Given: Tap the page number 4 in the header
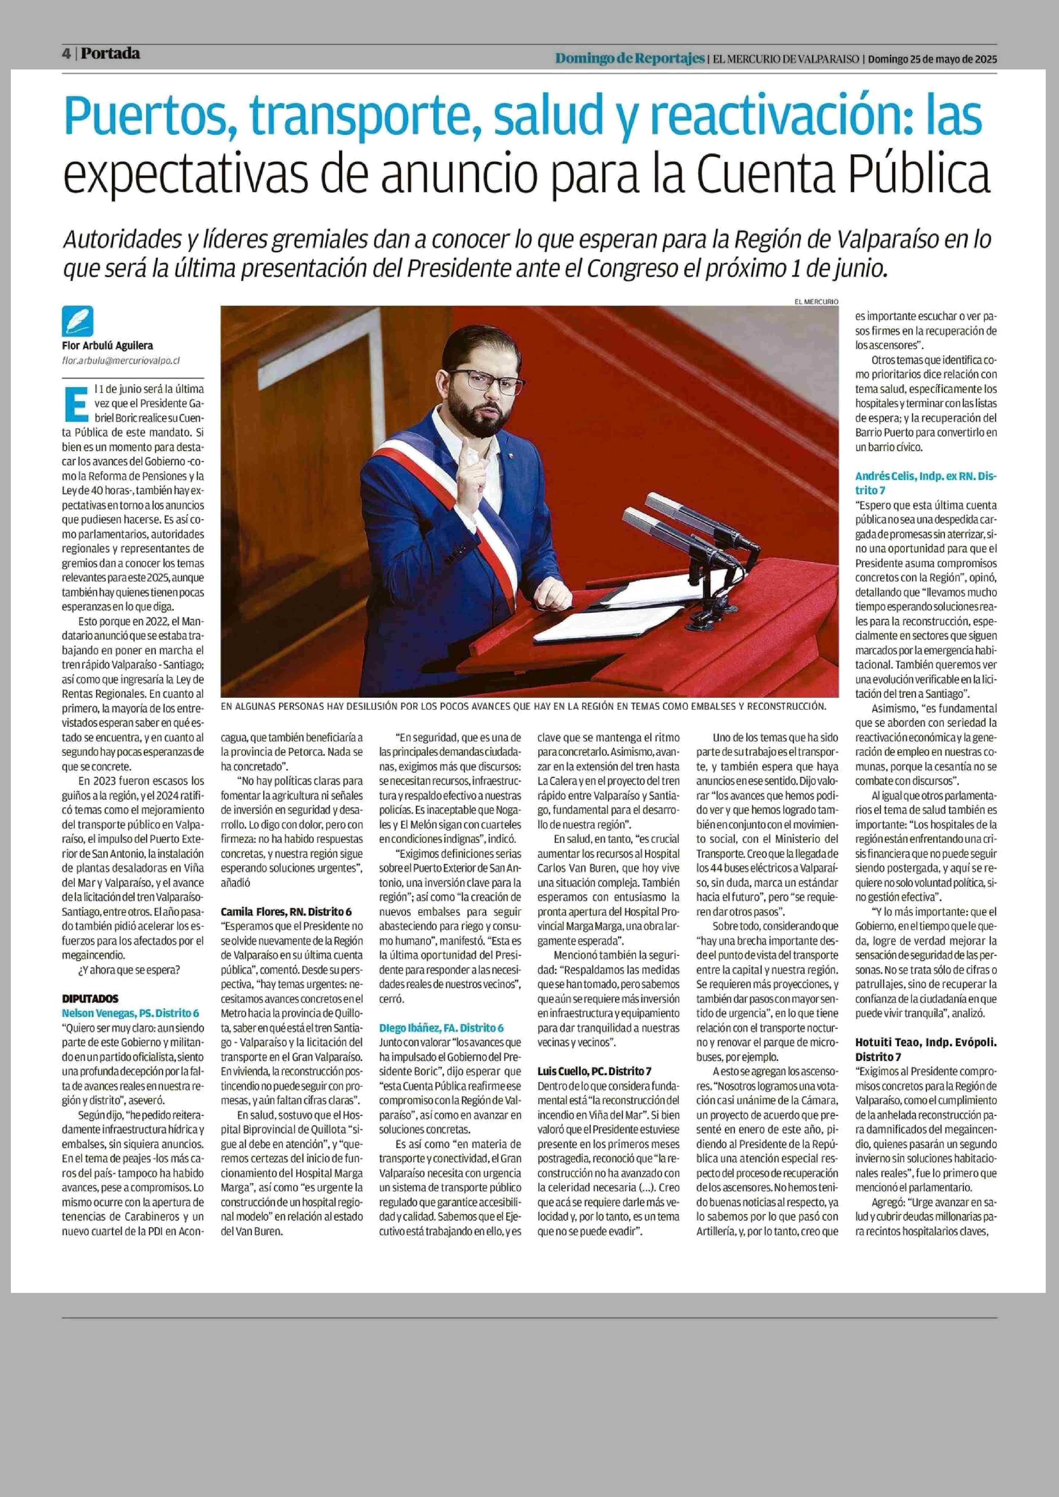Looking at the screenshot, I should coord(66,54).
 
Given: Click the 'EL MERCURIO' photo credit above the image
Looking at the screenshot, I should coord(816,301).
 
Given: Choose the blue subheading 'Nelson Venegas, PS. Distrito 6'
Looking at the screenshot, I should coord(130,1013).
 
